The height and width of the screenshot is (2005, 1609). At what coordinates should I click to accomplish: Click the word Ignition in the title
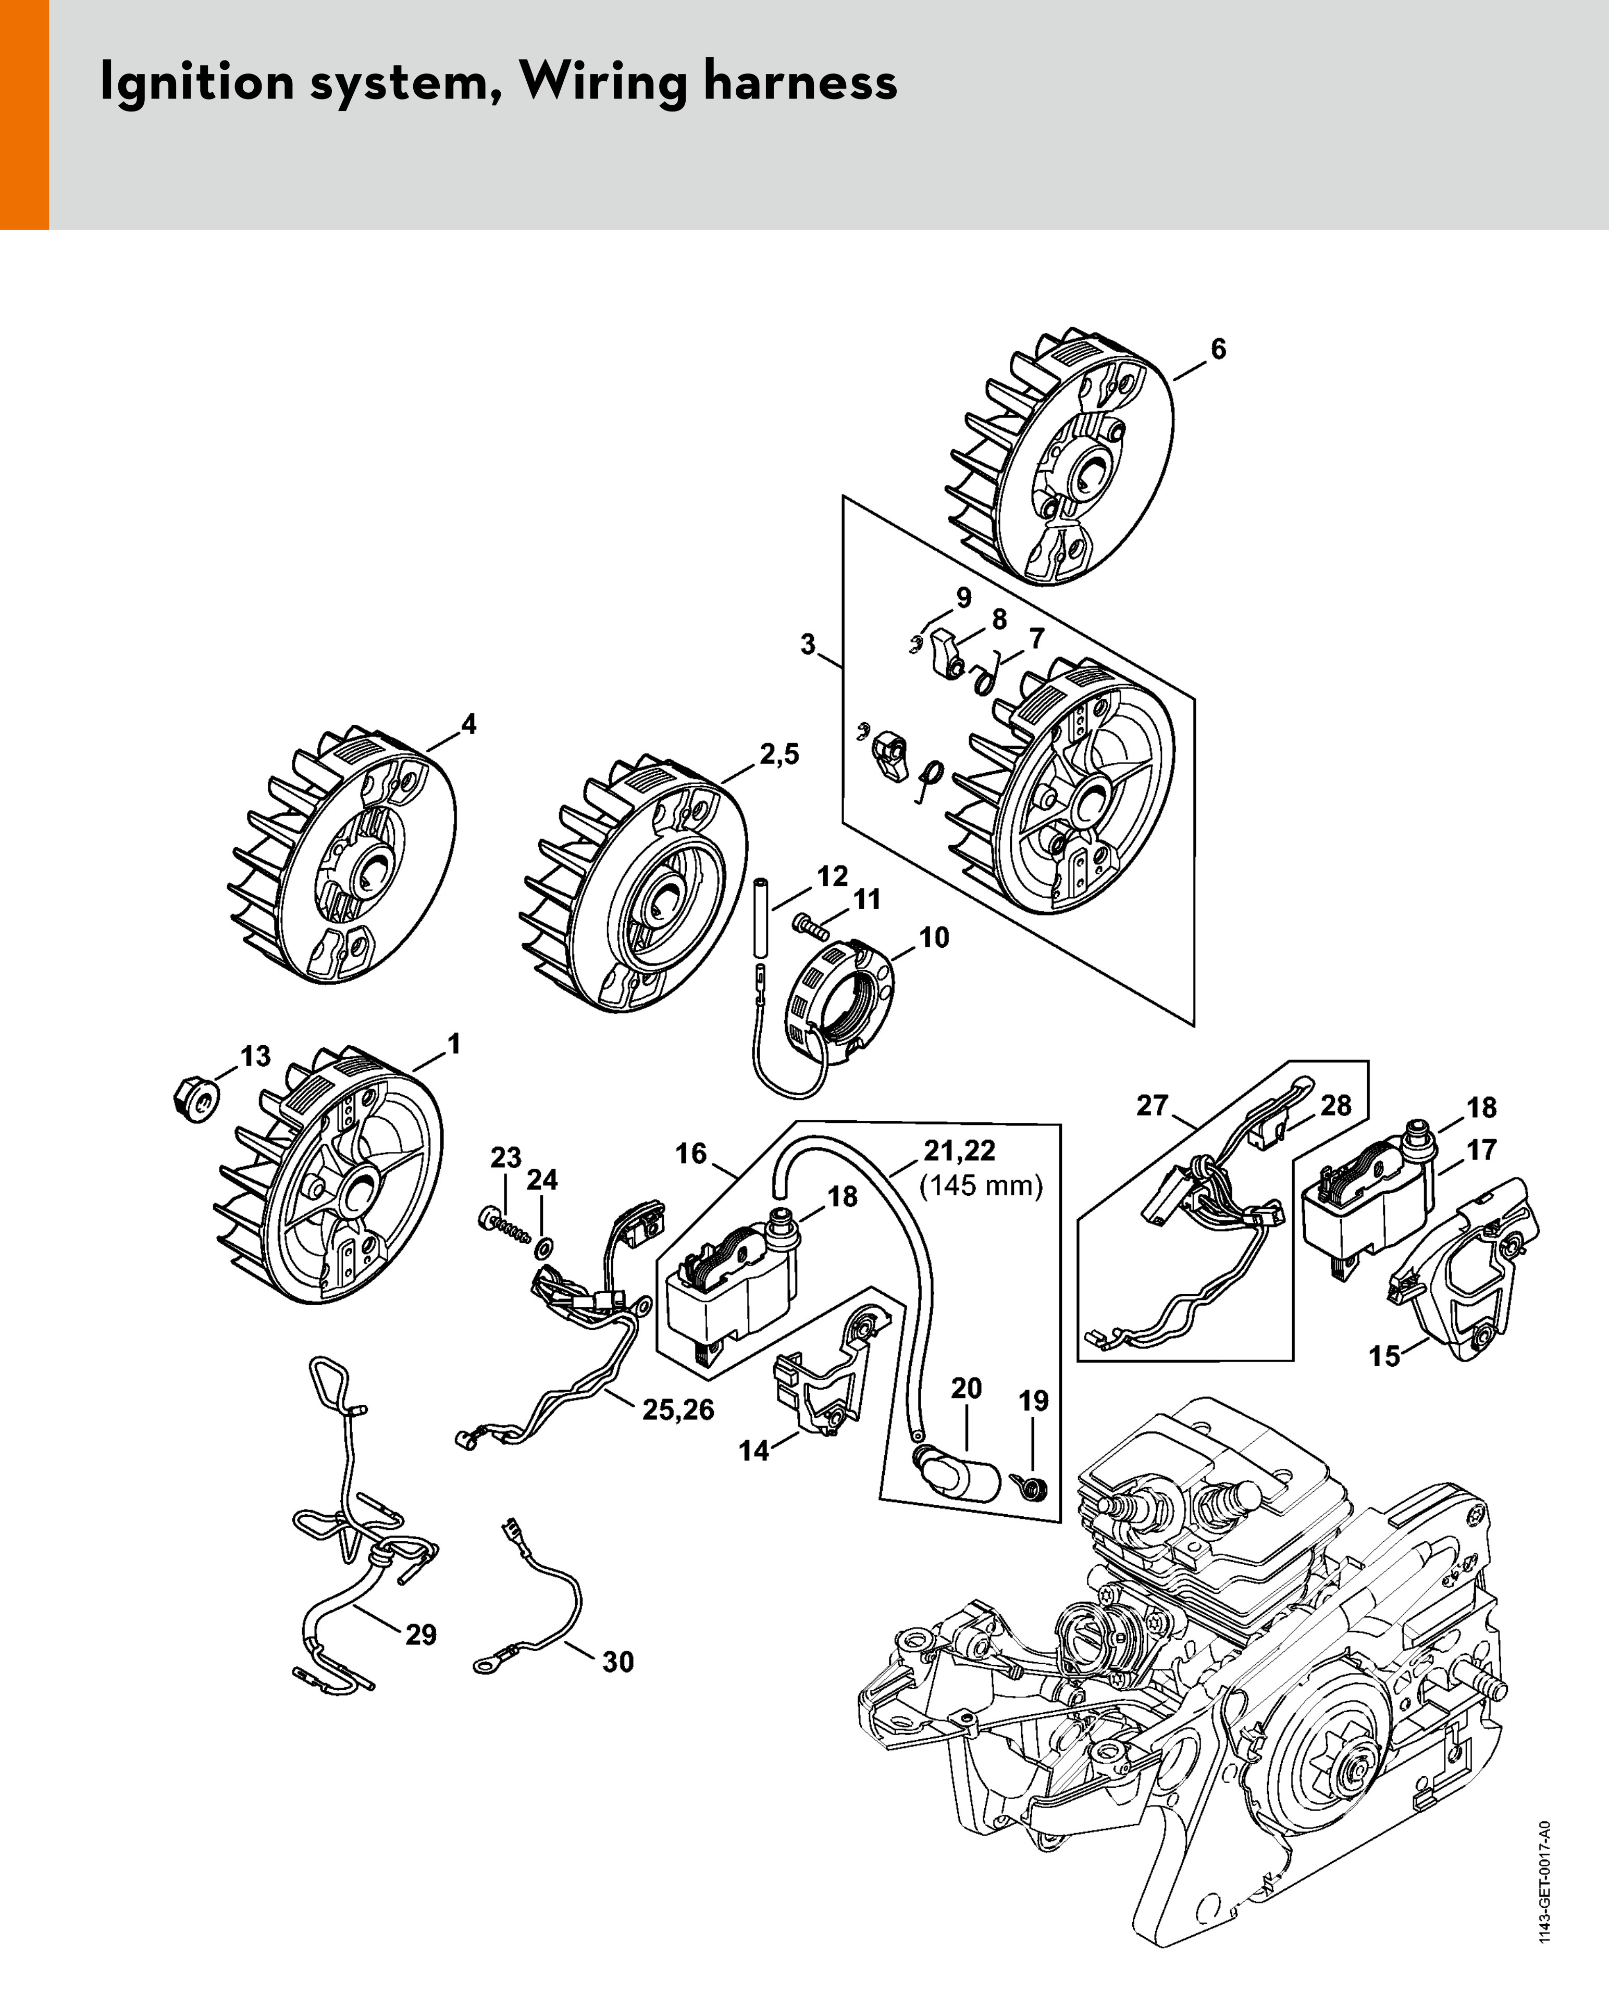point(196,82)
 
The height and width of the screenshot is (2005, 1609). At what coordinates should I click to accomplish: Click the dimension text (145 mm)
point(981,1186)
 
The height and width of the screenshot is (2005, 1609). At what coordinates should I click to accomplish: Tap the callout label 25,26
point(678,1410)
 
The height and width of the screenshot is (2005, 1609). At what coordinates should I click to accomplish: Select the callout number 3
point(807,645)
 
